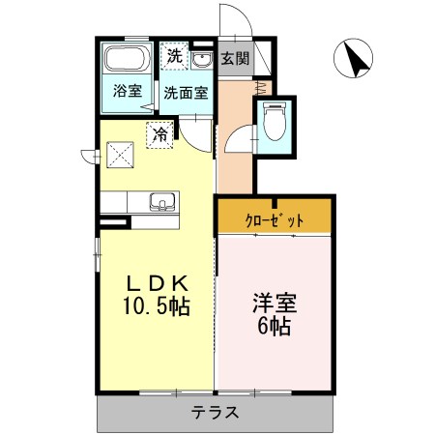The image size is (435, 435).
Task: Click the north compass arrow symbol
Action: point(355,60)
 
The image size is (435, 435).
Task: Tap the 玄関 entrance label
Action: point(235,58)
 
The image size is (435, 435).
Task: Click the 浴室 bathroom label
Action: point(127,94)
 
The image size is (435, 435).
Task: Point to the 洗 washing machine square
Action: point(174,56)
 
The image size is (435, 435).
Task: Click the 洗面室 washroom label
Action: point(185,94)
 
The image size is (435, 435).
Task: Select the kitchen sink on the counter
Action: point(160,202)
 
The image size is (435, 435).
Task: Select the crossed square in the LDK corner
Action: point(120,154)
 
